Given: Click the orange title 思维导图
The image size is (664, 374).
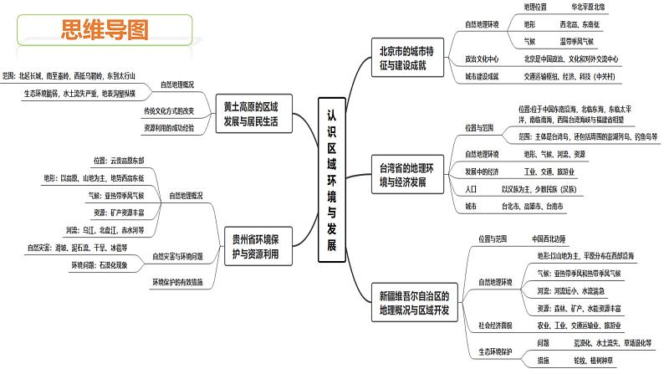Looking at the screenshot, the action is [x=104, y=31].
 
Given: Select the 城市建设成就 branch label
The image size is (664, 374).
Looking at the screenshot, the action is [x=482, y=77].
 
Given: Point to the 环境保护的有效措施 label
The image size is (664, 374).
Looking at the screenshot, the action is [x=177, y=282].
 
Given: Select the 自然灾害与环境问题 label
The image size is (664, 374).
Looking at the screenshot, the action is [x=177, y=255].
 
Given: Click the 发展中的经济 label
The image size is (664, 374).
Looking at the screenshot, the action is [x=482, y=172].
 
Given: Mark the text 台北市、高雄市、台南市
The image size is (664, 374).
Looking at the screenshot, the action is [x=532, y=206].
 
